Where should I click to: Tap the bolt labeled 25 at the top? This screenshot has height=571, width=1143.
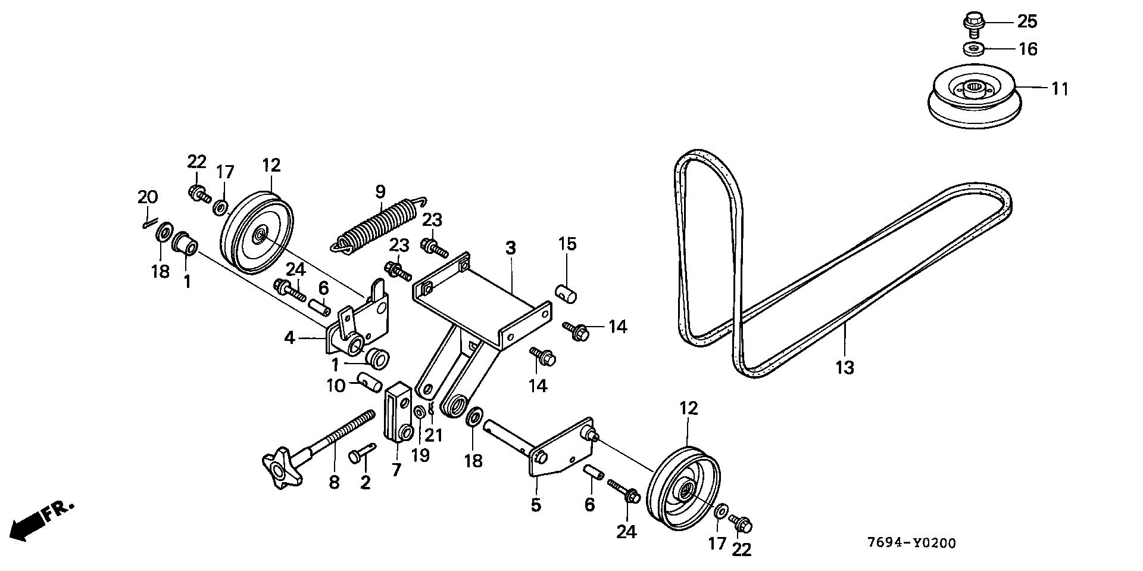point(973,23)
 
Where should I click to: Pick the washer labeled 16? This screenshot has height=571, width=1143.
point(974,48)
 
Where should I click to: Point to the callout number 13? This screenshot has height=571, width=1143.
point(844,367)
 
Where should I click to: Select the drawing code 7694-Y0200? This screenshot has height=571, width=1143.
point(911,543)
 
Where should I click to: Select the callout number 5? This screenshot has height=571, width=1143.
point(536,505)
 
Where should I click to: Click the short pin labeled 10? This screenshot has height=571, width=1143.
point(369,381)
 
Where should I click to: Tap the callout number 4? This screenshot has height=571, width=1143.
point(289,339)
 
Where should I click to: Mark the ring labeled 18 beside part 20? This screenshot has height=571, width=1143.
point(164,231)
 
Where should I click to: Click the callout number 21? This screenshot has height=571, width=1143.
point(434,435)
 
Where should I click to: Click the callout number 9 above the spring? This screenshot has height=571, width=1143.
point(380,191)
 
